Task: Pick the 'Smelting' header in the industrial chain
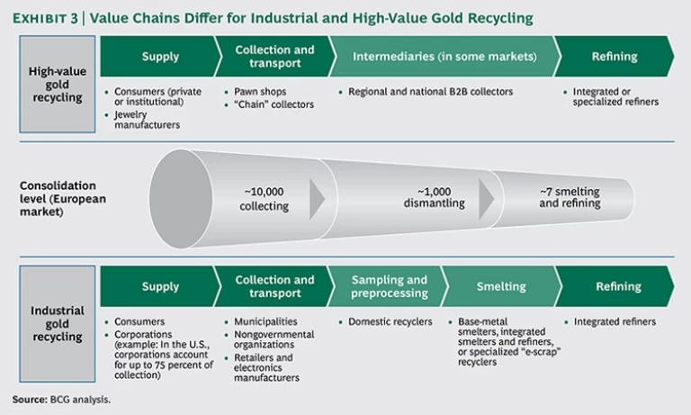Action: point(501,286)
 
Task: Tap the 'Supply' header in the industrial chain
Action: point(160,286)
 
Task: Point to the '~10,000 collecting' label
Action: point(265,199)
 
